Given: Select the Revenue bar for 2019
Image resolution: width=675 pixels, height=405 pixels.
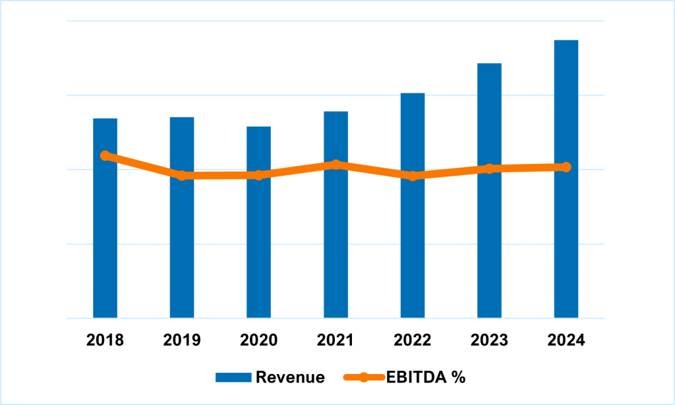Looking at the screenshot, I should [x=182, y=250].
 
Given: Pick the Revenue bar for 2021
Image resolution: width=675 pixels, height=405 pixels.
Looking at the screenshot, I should [x=336, y=250].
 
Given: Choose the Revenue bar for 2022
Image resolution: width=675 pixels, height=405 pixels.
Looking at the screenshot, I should [x=413, y=250].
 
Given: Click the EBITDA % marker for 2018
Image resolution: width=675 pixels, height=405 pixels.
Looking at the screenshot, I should [x=105, y=155].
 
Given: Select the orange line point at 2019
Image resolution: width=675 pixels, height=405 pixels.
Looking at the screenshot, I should [x=182, y=176].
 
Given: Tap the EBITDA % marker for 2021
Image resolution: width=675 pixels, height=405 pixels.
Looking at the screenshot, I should [x=336, y=164].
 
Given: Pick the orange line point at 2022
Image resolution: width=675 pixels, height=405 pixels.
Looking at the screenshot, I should [x=413, y=176].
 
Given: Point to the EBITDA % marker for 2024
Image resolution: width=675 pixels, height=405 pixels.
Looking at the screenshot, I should [x=566, y=167].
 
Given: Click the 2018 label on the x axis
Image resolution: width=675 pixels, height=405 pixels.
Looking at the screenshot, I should [x=105, y=340].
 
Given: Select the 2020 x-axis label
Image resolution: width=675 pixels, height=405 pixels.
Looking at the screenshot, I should [x=258, y=340].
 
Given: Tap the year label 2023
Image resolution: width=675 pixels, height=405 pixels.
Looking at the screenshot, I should [x=489, y=340].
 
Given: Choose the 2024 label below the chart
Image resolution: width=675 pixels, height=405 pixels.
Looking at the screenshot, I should [x=566, y=340].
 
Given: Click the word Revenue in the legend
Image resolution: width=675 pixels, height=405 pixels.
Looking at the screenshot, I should [x=290, y=377].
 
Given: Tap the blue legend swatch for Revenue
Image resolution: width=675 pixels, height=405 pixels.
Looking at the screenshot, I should [x=233, y=377].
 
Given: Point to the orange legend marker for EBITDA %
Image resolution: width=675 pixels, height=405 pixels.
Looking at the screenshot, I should [x=363, y=377].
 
